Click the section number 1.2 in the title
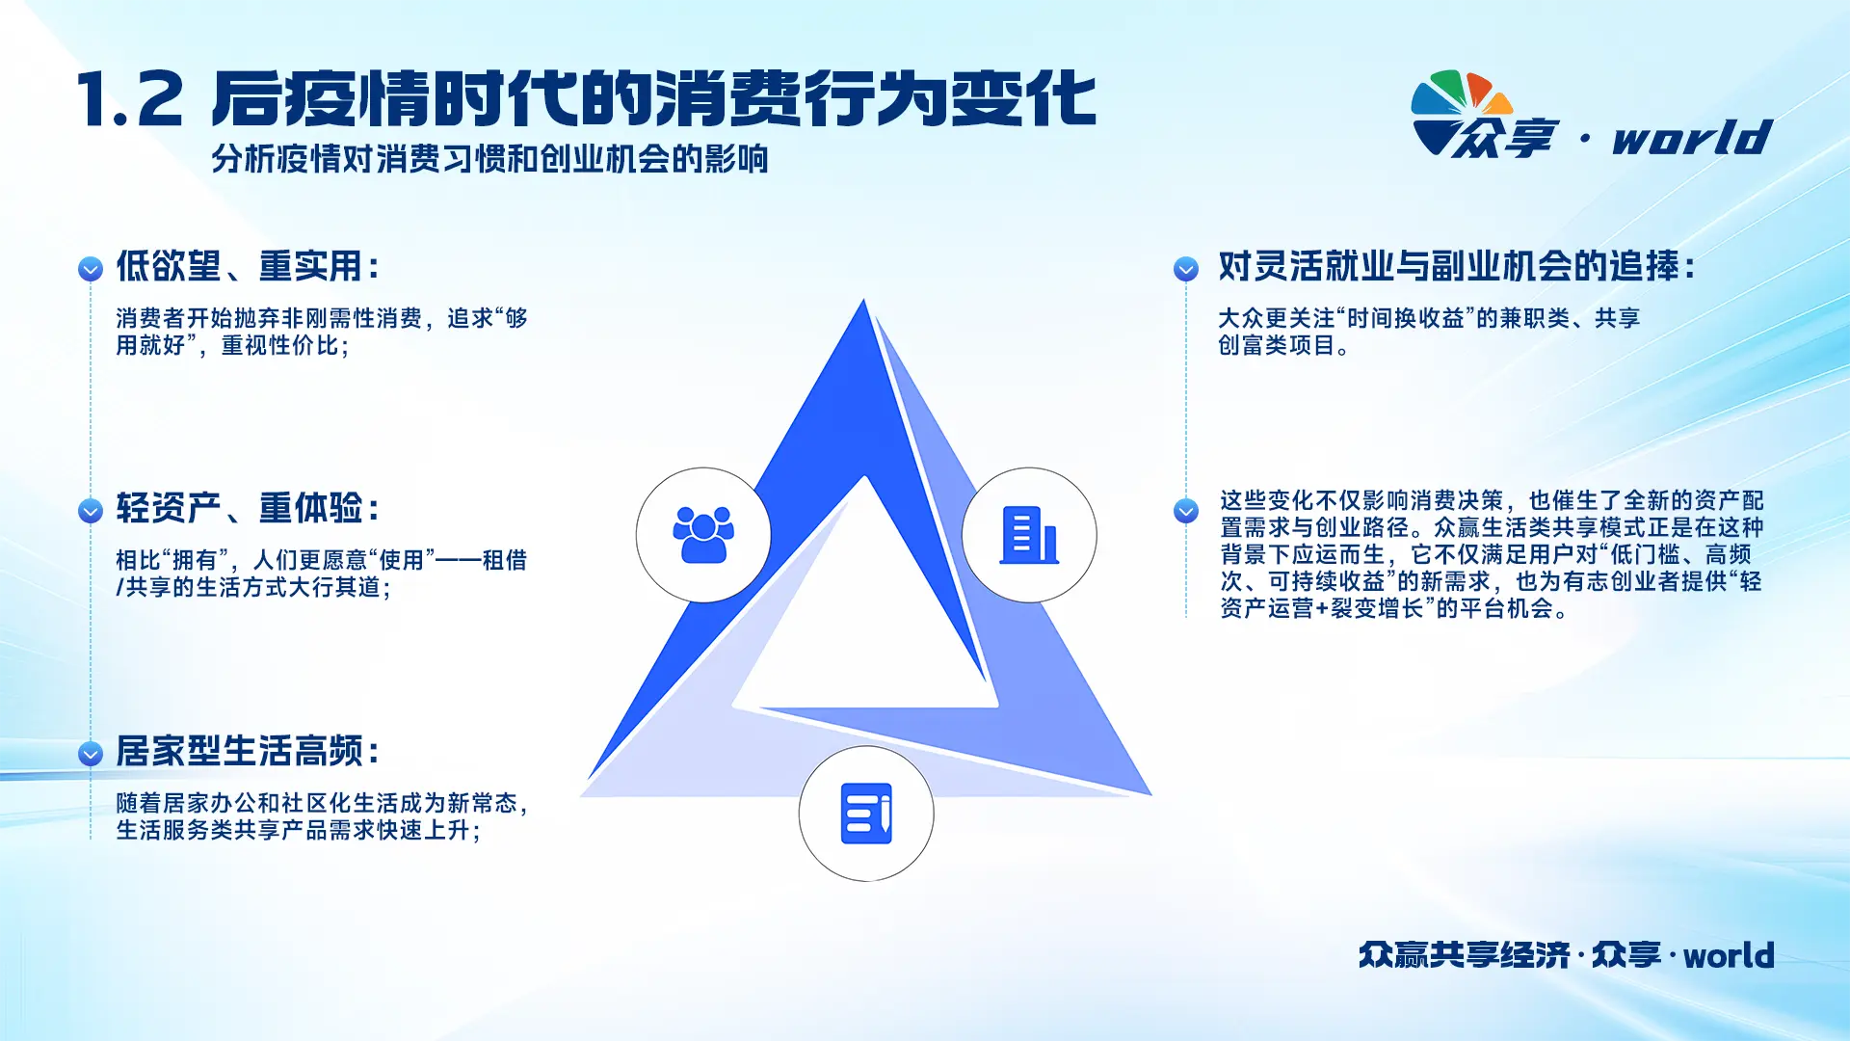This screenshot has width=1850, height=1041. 130,99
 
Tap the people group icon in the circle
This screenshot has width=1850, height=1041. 703,534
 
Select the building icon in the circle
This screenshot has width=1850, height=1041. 1029,535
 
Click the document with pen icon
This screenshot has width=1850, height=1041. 866,814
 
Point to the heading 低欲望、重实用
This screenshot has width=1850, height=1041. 248,266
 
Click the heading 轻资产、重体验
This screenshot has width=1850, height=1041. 248,508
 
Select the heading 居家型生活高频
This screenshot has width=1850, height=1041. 248,751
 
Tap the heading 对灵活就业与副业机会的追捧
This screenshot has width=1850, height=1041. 1457,266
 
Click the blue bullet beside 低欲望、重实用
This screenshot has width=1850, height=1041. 91,269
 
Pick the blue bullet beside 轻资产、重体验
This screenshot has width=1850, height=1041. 91,511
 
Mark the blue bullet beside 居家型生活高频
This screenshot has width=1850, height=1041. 91,754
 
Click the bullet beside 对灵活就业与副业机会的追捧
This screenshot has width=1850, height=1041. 1186,269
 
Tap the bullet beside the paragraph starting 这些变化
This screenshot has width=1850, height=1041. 1186,511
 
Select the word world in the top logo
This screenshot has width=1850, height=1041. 1693,138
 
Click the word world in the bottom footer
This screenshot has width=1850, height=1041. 1729,955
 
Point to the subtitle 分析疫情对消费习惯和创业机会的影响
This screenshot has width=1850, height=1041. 489,159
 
